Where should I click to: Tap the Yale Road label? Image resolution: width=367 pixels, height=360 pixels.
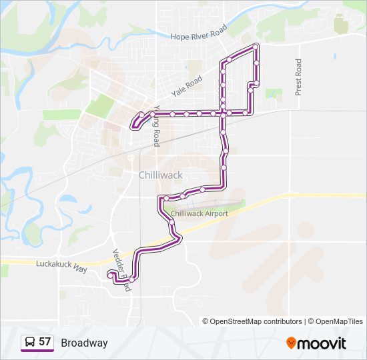click(x=186, y=84)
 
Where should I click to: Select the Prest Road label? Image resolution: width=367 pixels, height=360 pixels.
click(x=298, y=77)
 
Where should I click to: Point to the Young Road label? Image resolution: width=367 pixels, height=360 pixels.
click(x=157, y=125)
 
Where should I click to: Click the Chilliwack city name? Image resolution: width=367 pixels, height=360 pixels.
click(x=160, y=175)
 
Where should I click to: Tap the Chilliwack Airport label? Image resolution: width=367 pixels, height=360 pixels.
click(x=200, y=213)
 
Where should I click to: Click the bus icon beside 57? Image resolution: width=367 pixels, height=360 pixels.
click(x=30, y=343)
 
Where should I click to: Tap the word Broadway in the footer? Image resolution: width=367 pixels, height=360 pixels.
click(x=84, y=343)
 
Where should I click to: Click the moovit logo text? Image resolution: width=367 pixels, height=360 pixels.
click(x=322, y=343)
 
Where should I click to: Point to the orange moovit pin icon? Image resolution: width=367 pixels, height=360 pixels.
click(x=291, y=343)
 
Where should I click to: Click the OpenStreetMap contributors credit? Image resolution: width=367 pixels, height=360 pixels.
click(x=256, y=321)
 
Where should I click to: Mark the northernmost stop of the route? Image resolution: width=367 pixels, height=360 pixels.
click(x=256, y=47)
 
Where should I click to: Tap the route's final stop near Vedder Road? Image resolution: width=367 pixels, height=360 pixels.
click(x=110, y=273)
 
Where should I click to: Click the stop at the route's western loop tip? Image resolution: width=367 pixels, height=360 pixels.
click(x=135, y=123)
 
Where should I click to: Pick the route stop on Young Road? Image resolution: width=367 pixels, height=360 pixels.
click(x=153, y=114)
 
